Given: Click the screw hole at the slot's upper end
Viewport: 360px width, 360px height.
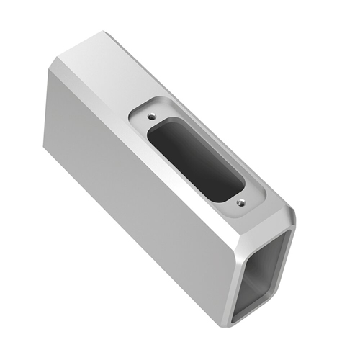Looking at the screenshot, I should click(151, 114).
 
